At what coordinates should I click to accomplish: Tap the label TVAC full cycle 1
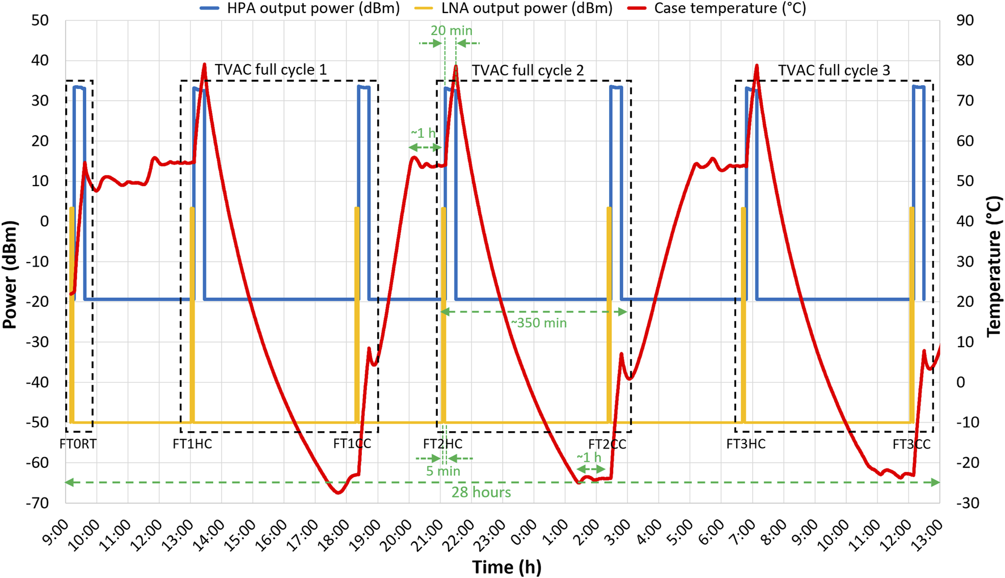tap(271, 70)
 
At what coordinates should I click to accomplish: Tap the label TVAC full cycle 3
tap(833, 70)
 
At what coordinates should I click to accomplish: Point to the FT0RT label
tap(78, 444)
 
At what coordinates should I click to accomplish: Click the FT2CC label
tap(607, 444)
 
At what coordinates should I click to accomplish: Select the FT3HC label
tap(745, 444)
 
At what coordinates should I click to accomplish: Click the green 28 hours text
tap(481, 492)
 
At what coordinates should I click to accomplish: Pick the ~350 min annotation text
tap(539, 323)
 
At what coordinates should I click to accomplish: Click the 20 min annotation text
tap(451, 31)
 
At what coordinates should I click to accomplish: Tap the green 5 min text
tap(443, 471)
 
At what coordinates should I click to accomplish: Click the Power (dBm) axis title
tap(10, 275)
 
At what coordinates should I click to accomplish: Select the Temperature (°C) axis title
tap(994, 267)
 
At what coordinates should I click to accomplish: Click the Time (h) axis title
tap(506, 566)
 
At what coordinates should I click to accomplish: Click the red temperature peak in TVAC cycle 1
tap(204, 64)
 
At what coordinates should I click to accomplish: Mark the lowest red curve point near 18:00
tap(339, 493)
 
